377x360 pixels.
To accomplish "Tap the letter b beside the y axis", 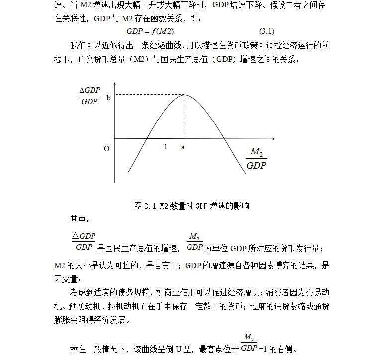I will coord(109,98).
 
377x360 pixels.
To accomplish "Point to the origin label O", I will coord(107,148).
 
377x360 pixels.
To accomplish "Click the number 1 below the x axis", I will coord(166,147).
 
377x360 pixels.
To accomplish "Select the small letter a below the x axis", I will coord(183,147).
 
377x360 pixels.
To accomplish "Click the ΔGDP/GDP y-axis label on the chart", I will coord(90,96).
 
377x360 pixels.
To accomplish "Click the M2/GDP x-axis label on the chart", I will coord(256,159).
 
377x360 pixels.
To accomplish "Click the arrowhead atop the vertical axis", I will coord(115,85).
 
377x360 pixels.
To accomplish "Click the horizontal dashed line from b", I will coord(149,95).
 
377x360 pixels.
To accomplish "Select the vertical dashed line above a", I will coord(184,117).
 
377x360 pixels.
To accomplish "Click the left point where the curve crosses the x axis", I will coord(147,138).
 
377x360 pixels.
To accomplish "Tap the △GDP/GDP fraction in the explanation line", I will coord(83,241).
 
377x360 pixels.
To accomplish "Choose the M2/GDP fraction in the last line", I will coord(249,343).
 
